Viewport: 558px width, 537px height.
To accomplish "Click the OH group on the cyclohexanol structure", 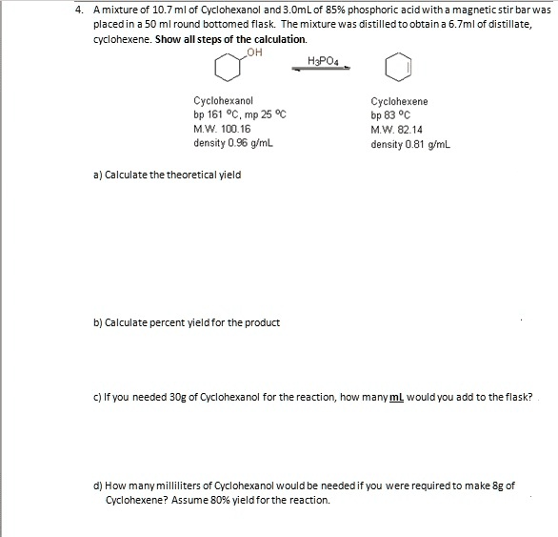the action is tap(251, 53).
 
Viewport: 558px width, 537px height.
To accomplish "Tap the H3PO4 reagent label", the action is tap(323, 61).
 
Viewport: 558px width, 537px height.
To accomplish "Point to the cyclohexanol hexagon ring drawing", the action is tap(229, 69).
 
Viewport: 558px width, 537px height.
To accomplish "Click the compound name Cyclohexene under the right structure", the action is tap(399, 101).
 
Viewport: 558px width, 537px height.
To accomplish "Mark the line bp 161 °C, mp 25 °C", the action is tap(239, 114).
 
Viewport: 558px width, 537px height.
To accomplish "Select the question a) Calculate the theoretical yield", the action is tap(168, 175).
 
